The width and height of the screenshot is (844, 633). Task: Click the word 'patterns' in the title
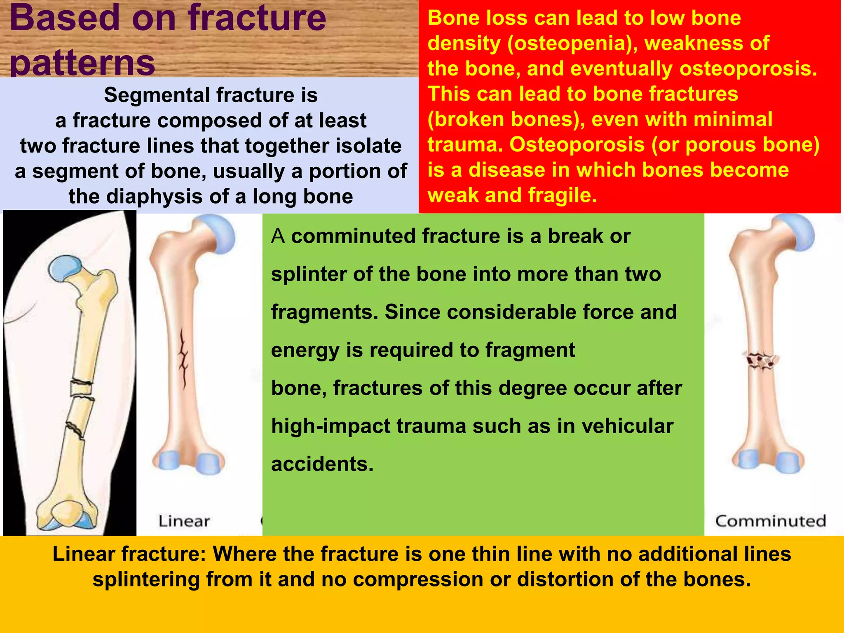pyautogui.click(x=82, y=63)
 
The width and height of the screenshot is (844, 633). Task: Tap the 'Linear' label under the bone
pyautogui.click(x=184, y=521)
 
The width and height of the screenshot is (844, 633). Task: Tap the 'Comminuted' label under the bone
pyautogui.click(x=771, y=521)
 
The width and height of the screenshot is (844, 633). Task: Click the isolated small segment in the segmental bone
pyautogui.click(x=81, y=388)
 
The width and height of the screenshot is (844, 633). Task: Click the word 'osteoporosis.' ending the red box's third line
pyautogui.click(x=748, y=68)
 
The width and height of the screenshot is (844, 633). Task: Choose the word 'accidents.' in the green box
pyautogui.click(x=322, y=464)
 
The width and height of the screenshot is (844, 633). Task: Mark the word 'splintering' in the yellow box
pyautogui.click(x=146, y=579)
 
